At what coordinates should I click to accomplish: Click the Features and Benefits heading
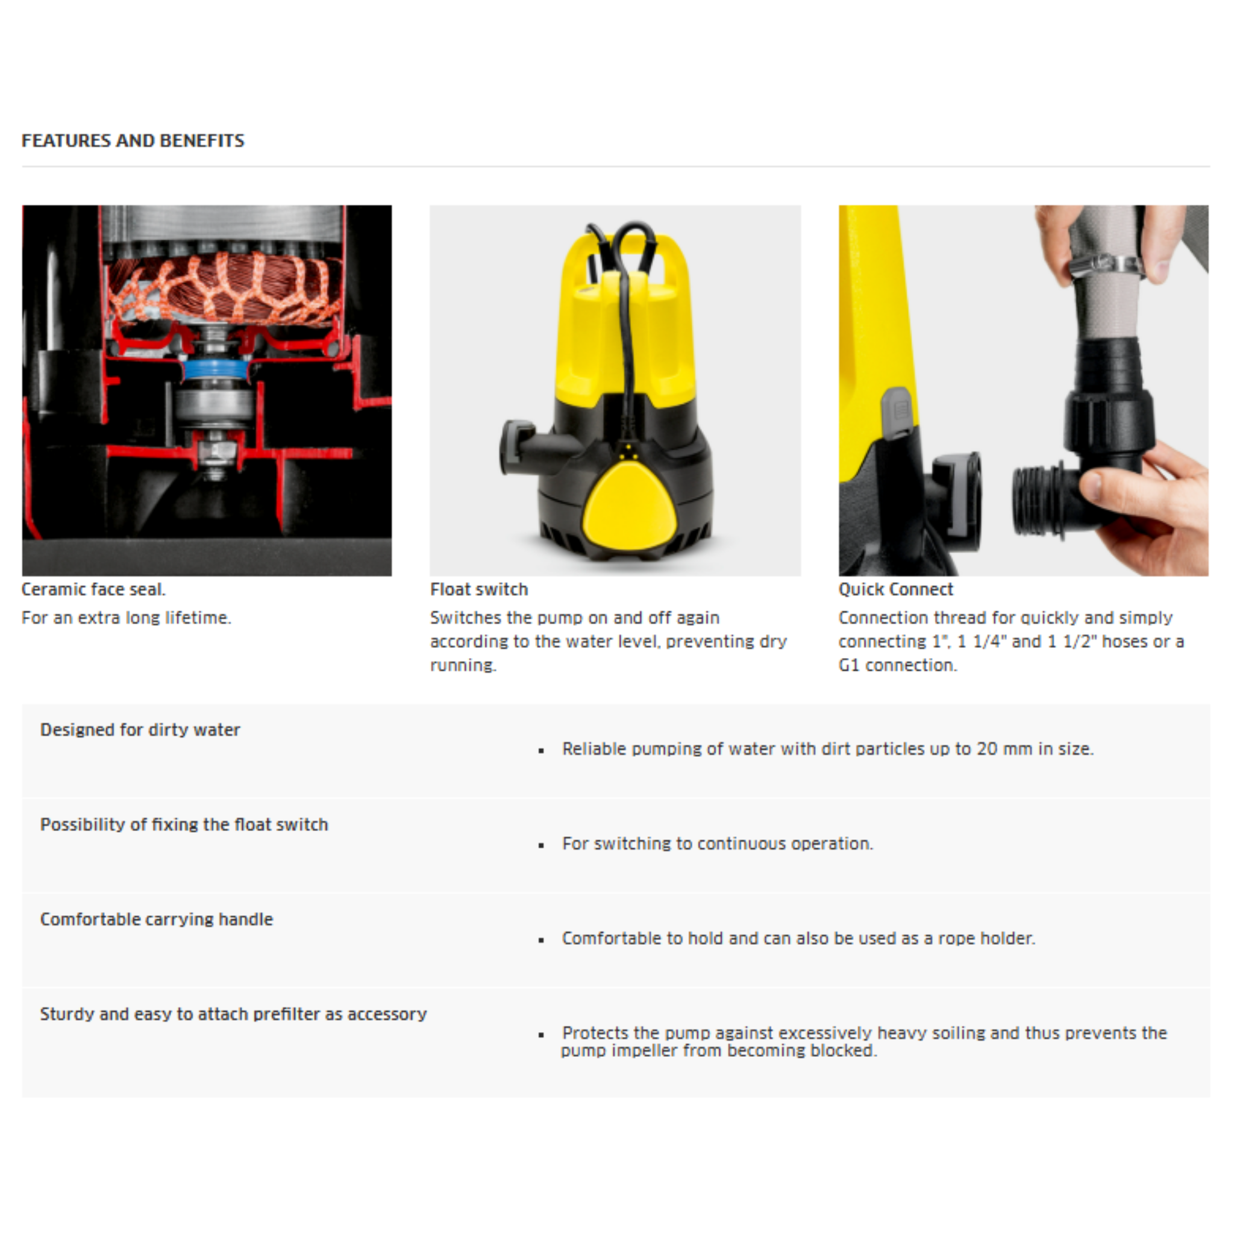point(133,140)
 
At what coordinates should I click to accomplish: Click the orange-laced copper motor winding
point(224,287)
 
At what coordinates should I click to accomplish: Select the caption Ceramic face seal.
point(93,589)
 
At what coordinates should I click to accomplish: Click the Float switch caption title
point(479,589)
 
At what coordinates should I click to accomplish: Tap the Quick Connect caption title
point(895,589)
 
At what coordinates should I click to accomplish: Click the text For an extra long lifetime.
point(127,618)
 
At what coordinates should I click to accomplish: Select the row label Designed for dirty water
point(140,730)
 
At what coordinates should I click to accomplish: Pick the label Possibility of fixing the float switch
point(184,825)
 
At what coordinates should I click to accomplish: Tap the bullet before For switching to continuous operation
point(541,845)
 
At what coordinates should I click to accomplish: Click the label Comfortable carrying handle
point(157,919)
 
